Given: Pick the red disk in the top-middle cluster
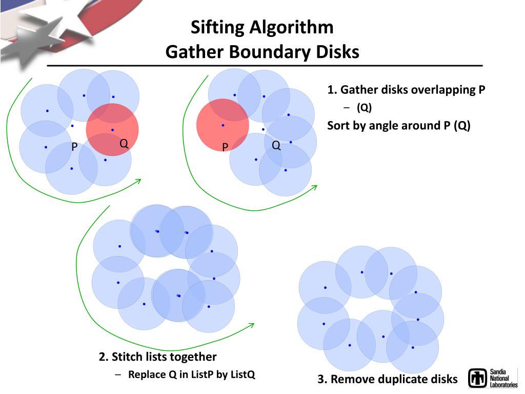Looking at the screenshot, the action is (223, 125).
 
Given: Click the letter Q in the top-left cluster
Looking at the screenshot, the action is (124, 144).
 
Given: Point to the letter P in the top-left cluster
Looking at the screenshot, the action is (74, 148).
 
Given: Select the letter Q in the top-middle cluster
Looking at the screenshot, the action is (276, 145).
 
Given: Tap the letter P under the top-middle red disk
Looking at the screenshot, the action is (225, 148).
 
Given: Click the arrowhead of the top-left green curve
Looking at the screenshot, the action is (138, 181).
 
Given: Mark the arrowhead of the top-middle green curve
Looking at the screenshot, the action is (314, 188).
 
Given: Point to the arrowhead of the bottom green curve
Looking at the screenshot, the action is (252, 325).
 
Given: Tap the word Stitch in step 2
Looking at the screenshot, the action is (128, 357).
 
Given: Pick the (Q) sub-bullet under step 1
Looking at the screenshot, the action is (365, 108).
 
